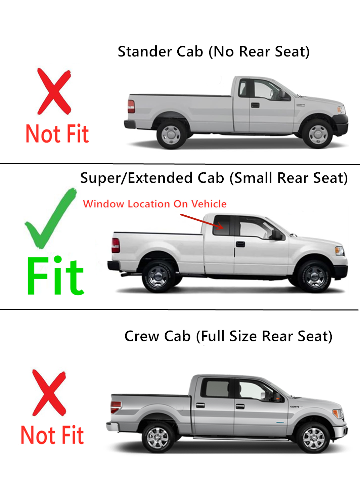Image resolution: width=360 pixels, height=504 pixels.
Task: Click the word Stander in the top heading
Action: click(145, 52)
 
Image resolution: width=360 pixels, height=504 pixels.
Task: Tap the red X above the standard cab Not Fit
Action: click(54, 91)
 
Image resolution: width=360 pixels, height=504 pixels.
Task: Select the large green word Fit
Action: click(55, 276)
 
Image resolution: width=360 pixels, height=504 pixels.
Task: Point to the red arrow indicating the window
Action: click(202, 222)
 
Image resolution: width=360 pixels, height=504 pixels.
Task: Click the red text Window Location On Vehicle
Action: click(155, 204)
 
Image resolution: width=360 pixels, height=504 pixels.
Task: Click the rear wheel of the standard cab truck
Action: click(171, 135)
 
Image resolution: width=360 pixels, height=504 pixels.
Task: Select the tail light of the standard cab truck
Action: click(131, 107)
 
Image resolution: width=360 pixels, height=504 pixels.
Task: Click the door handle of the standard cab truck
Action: click(255, 105)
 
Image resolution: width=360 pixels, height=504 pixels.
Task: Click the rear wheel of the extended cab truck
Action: click(158, 277)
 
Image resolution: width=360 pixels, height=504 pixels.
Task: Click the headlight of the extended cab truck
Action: click(339, 251)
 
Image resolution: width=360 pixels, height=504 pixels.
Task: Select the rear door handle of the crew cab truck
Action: click(200, 406)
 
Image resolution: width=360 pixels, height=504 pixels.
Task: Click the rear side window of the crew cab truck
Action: click(217, 388)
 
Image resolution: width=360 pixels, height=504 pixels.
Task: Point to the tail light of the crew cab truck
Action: click(116, 407)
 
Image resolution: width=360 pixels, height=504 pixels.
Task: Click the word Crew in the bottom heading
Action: click(142, 336)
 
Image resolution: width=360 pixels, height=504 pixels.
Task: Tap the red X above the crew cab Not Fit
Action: click(49, 393)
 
